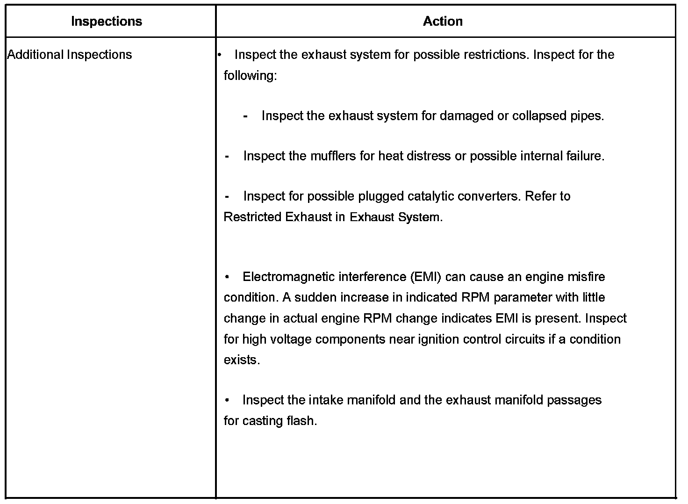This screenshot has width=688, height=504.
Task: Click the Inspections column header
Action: pos(106,22)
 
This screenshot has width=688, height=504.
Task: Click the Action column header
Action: pos(443,22)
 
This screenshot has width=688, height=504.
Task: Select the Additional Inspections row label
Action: pos(70,55)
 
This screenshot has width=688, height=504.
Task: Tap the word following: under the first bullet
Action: pos(250,75)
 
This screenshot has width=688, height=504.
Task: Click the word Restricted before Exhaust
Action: pos(253,217)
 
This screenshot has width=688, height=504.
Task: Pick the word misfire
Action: pos(586,277)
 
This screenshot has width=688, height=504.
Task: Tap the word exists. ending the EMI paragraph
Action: pos(242,360)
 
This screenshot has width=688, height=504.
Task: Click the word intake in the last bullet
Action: pos(326,400)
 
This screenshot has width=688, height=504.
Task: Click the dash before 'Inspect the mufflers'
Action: pos(227,156)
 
